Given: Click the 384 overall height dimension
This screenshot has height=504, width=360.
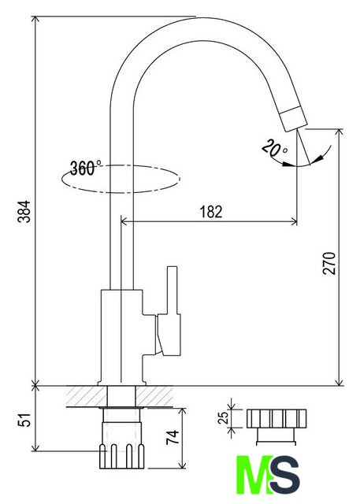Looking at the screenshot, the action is click(x=24, y=212).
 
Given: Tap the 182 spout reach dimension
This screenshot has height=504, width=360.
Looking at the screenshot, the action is click(x=211, y=212).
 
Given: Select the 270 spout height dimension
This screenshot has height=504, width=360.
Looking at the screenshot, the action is click(x=328, y=263).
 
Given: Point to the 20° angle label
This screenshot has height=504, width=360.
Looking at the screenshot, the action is click(x=274, y=148).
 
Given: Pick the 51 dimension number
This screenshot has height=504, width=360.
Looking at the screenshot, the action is click(x=24, y=419).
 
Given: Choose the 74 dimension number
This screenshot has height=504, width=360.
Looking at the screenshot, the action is click(x=173, y=437).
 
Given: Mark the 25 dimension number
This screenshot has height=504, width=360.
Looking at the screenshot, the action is click(x=223, y=417).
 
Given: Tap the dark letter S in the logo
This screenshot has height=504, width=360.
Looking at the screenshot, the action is click(x=285, y=474).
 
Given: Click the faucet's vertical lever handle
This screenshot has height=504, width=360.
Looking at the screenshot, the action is click(x=172, y=291).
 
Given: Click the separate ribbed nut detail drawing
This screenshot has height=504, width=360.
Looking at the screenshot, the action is click(x=276, y=427).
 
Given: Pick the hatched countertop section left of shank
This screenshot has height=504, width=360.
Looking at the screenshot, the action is click(x=87, y=396).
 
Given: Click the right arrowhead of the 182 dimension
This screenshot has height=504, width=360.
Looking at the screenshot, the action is click(x=294, y=221).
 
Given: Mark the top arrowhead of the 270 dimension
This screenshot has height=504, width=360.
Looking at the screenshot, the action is click(x=339, y=133).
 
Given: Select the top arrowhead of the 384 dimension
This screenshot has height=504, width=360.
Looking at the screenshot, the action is click(x=35, y=19).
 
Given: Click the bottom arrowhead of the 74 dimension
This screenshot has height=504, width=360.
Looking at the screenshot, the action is click(x=182, y=465).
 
